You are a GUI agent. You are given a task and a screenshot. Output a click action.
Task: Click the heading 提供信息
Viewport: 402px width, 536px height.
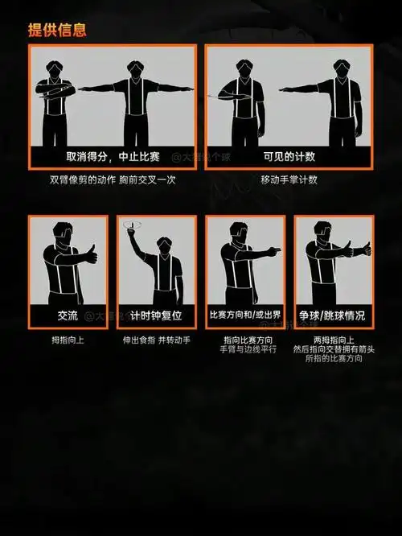(57, 31)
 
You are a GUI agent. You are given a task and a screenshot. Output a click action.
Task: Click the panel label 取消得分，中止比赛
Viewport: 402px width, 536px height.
(112, 156)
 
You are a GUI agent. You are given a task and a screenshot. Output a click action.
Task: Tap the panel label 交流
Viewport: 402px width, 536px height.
(68, 315)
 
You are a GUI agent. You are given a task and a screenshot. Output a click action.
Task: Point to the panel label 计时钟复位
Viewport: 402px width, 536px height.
(156, 315)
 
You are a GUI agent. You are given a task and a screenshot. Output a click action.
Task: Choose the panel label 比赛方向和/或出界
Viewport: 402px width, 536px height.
(244, 315)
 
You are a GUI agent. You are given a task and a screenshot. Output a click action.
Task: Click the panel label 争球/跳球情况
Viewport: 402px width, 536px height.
(333, 315)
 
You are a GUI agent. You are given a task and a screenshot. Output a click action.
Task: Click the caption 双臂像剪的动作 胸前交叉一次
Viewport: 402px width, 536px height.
(112, 179)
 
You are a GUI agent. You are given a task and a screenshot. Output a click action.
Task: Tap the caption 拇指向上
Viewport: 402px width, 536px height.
(68, 340)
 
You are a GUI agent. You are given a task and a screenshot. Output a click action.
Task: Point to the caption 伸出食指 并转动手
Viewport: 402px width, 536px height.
(156, 340)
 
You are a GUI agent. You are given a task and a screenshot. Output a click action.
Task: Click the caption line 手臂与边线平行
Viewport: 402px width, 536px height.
(244, 350)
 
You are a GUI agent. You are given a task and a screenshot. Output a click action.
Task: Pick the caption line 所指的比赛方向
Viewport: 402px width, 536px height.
(333, 360)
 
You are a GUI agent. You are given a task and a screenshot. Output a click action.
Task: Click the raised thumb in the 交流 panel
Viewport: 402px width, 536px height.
(91, 251)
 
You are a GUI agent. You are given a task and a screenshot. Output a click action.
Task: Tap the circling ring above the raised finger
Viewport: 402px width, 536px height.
(133, 226)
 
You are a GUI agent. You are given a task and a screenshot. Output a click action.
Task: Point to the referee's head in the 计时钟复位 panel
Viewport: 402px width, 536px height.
(165, 245)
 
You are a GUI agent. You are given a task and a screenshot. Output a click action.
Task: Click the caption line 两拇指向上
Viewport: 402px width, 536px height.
(333, 340)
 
